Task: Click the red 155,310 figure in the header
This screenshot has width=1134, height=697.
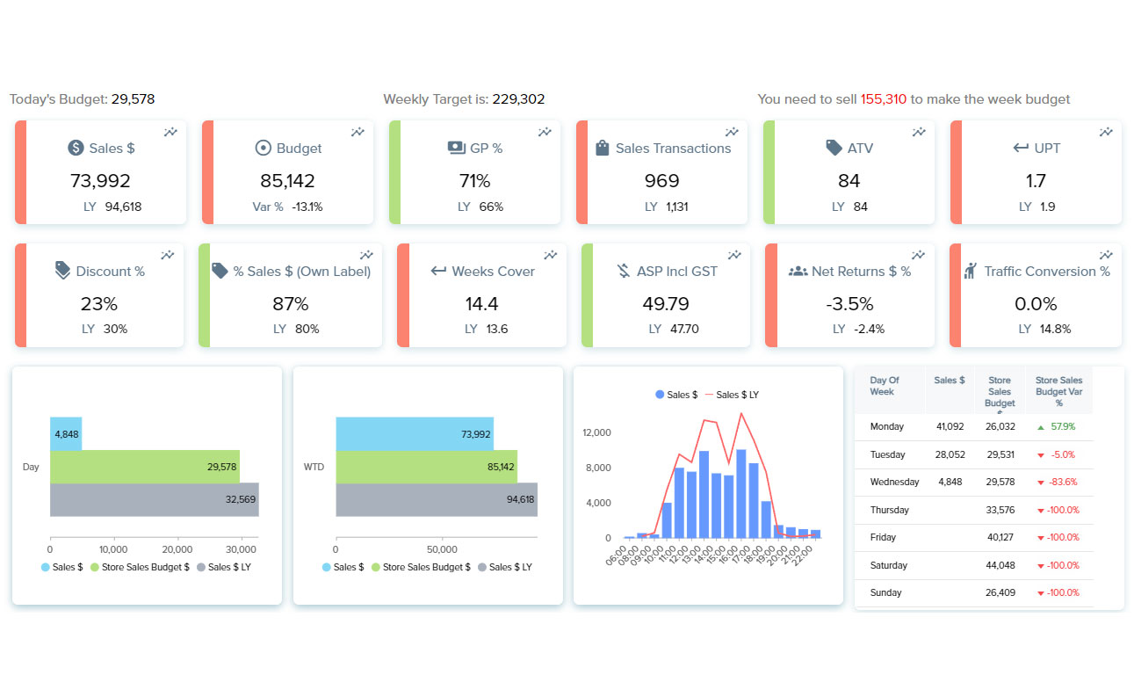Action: click(883, 99)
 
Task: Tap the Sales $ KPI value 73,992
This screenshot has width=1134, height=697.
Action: click(100, 181)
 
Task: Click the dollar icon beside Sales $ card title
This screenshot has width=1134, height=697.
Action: click(76, 149)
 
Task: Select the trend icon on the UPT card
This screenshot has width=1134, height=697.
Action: click(1105, 132)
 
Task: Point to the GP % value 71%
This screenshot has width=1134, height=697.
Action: click(474, 181)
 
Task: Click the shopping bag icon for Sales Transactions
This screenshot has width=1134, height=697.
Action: click(602, 149)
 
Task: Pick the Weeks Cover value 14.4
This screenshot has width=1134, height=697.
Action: click(481, 304)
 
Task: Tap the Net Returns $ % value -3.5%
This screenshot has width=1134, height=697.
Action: click(849, 304)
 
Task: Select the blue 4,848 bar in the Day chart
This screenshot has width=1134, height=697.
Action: click(66, 434)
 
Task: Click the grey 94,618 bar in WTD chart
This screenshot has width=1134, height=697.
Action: click(436, 499)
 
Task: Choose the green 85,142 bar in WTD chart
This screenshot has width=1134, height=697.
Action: click(426, 467)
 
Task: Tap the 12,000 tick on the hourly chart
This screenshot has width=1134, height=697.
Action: click(596, 432)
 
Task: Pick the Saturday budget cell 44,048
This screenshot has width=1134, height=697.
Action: click(1000, 565)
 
